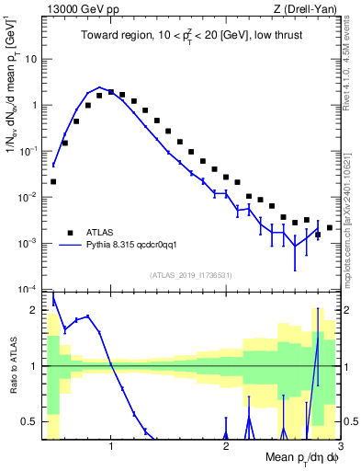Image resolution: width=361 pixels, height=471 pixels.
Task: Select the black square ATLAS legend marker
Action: pos(70,232)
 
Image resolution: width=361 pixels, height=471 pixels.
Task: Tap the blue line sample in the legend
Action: pos(70,246)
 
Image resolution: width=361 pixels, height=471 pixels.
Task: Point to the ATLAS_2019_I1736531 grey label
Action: pos(192,275)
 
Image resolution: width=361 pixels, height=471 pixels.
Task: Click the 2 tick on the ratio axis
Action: pos(38,310)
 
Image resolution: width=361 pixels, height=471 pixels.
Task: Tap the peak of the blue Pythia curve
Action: pos(100,87)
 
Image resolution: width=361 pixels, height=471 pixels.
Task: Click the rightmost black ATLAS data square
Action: pos(330,227)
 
